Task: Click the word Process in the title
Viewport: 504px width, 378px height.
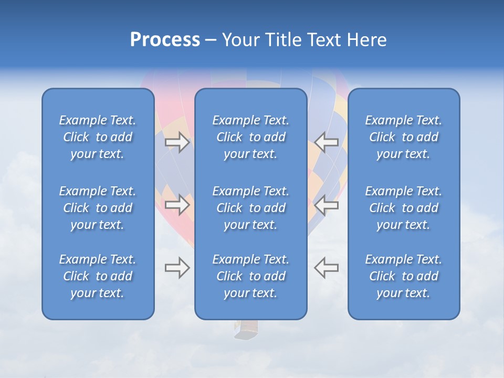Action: (x=165, y=40)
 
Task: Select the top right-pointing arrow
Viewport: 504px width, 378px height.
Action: (x=177, y=142)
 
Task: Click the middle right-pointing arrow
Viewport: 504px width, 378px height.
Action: (x=177, y=205)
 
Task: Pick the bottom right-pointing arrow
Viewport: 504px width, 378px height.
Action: (x=177, y=268)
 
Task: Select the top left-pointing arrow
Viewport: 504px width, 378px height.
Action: (x=327, y=142)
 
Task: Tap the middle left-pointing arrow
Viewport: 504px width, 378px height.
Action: (x=327, y=205)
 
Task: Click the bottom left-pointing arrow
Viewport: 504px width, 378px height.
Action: (x=327, y=268)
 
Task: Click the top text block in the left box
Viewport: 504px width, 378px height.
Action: (x=98, y=137)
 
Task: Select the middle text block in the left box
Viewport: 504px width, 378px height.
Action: (x=98, y=208)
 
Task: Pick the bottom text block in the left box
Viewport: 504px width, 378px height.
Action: (x=98, y=276)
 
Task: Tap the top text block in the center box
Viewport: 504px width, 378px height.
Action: (x=250, y=137)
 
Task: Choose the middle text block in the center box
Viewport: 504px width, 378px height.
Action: (x=250, y=208)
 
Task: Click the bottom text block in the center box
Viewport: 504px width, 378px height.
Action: (x=250, y=276)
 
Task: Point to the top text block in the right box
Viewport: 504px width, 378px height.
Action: (x=403, y=137)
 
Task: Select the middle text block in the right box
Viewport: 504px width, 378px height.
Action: (x=403, y=208)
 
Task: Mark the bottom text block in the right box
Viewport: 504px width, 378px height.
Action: (x=403, y=276)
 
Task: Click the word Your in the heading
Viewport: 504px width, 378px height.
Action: (x=239, y=40)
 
